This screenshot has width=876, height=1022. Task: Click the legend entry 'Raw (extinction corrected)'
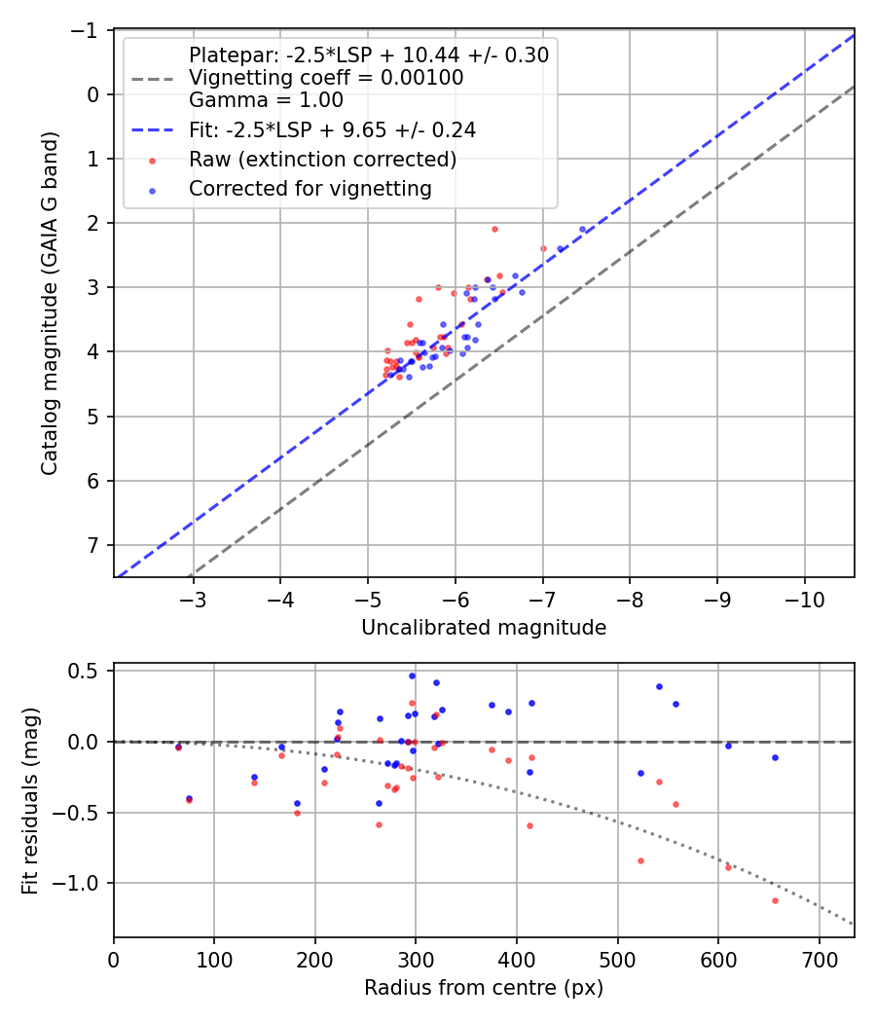point(322,159)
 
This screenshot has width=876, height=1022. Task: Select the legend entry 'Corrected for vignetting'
point(310,189)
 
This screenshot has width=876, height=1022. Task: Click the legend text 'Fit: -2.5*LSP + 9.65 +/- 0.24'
point(332,128)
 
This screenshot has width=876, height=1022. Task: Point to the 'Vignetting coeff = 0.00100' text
point(326,77)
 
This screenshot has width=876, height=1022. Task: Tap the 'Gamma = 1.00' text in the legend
point(266,99)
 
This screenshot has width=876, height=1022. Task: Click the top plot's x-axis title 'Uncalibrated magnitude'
point(484,628)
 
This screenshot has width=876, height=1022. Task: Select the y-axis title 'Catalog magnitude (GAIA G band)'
point(50,304)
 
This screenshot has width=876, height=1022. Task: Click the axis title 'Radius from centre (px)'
point(484,988)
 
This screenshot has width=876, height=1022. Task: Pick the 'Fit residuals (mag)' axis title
point(30,800)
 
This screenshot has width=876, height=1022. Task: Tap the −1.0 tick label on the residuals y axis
point(83,883)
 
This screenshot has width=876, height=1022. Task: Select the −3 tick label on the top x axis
point(193,596)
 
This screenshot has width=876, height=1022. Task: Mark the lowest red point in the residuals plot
point(775,900)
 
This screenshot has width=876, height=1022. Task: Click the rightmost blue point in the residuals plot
point(775,757)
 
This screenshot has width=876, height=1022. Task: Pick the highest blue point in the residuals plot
point(412,675)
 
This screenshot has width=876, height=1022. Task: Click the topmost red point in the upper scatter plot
point(494,229)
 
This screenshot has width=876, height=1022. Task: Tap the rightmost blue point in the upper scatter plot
point(583,229)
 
